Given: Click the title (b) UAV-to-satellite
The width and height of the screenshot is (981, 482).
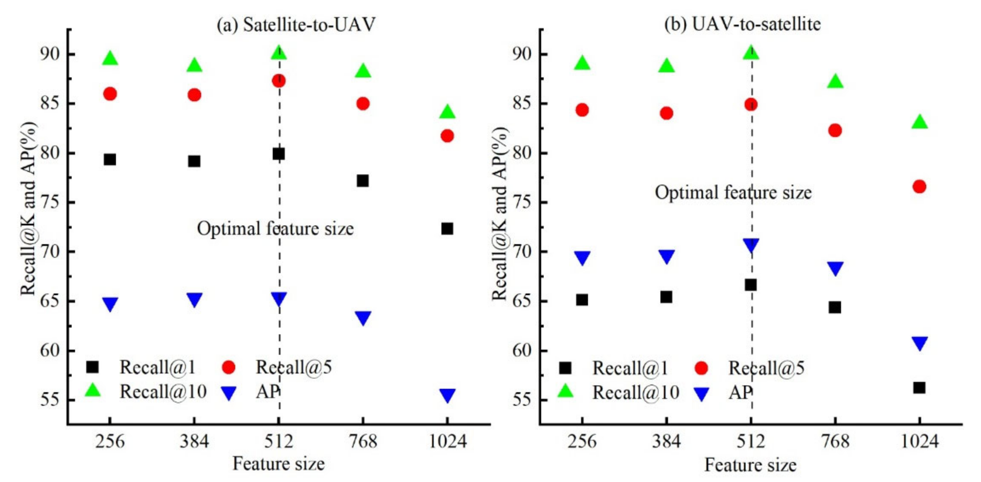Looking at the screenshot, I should point(742,24).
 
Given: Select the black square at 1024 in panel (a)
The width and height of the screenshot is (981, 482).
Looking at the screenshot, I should point(447,229).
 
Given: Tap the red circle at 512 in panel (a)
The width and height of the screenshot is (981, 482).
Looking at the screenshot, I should point(279,81).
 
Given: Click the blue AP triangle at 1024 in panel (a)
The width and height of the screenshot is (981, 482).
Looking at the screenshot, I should point(447,395).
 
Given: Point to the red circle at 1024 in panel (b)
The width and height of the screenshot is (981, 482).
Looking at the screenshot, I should point(919,187).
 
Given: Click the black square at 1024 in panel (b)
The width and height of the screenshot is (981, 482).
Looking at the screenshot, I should point(919,388).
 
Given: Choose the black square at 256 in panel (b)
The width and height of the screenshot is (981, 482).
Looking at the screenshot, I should point(582,300).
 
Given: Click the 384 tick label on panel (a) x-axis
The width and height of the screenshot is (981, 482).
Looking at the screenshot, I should point(194,442).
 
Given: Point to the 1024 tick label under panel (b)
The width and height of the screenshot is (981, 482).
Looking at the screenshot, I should point(919,442).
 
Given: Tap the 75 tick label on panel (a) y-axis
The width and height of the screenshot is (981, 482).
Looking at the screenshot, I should point(50,202).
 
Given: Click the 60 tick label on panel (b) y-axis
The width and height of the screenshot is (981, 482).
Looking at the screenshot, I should point(522,351).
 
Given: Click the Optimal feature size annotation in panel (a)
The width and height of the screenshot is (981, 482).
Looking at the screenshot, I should point(275,229).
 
